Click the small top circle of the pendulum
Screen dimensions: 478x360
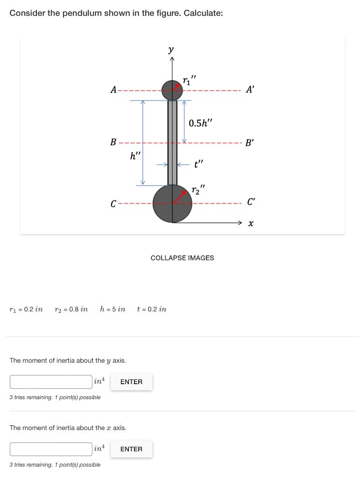172,90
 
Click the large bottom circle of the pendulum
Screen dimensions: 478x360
172,204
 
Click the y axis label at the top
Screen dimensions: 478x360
171,49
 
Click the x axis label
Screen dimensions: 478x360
251,224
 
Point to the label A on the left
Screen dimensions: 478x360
113,90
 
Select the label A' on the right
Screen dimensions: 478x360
250,90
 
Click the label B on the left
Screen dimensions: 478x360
113,142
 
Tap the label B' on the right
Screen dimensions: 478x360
250,142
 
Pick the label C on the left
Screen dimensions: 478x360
113,204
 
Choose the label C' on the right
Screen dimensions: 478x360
251,202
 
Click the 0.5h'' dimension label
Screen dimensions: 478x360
200,123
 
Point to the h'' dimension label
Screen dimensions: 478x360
135,156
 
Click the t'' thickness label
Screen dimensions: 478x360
199,164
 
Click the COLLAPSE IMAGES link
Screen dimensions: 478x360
182,258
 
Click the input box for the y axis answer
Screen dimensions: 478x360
51,382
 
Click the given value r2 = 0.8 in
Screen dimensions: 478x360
71,309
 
